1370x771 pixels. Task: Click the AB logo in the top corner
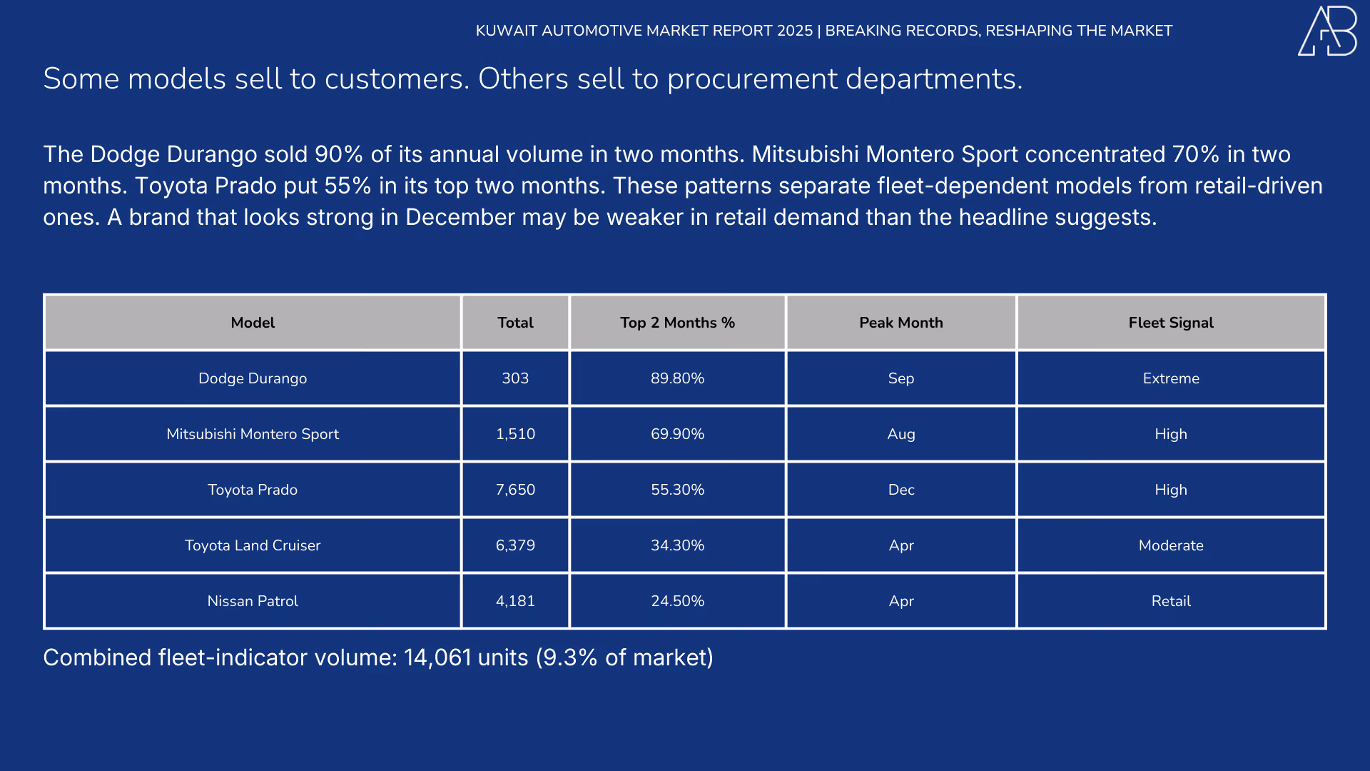point(1327,31)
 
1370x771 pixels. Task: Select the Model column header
point(253,323)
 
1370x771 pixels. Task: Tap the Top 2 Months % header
point(677,323)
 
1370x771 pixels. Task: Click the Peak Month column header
point(900,323)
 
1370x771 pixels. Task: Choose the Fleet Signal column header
point(1170,323)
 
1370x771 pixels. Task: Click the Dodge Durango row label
point(253,378)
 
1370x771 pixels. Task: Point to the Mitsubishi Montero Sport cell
point(253,434)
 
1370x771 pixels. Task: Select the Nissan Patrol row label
point(253,601)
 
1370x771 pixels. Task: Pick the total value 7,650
point(515,490)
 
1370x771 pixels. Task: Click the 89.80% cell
point(677,378)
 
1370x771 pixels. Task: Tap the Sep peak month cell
point(900,378)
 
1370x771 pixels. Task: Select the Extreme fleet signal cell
point(1170,378)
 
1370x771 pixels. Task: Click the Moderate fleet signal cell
point(1170,545)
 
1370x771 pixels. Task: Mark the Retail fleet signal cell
point(1170,601)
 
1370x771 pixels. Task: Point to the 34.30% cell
point(677,545)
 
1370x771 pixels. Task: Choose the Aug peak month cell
point(900,434)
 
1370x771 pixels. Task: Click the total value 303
point(515,378)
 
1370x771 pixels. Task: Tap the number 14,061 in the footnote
point(437,657)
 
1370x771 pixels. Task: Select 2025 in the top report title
point(795,31)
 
